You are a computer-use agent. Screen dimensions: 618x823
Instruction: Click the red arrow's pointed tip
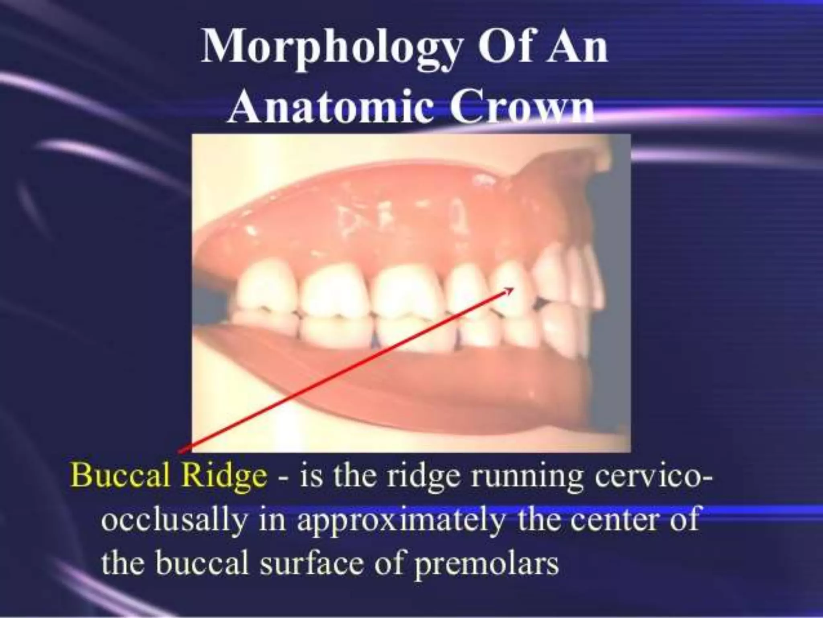(x=513, y=288)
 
